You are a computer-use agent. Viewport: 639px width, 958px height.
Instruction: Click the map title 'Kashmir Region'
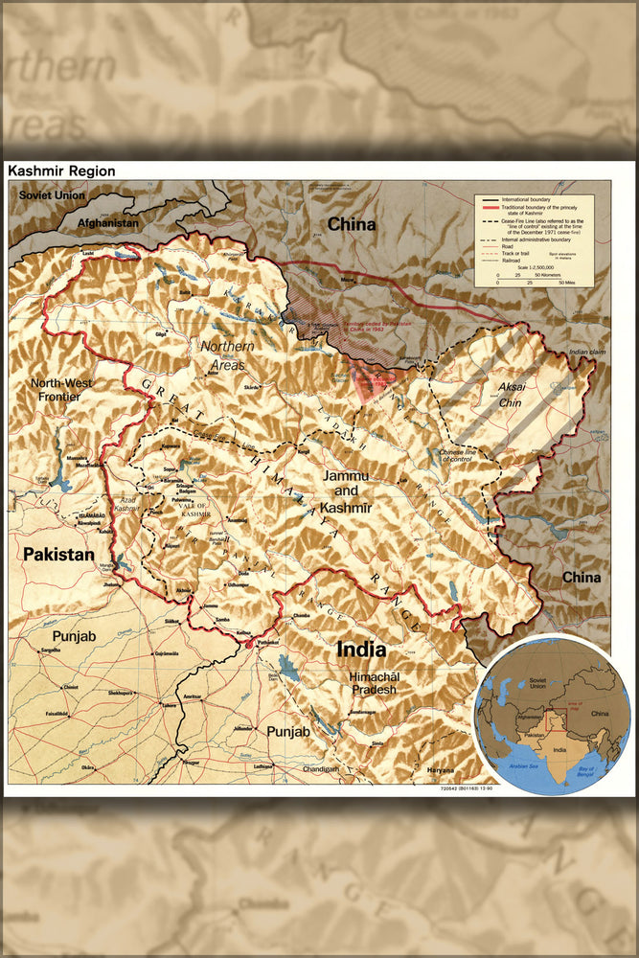coord(61,171)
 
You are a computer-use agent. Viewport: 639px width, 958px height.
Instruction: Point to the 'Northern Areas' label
coord(222,354)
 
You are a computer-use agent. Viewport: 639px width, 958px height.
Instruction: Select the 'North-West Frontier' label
coord(61,389)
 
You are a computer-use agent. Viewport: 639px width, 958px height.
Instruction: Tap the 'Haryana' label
coord(442,768)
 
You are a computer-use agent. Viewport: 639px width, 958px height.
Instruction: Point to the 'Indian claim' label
coord(588,353)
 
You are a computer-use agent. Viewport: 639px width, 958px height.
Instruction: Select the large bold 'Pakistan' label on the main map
coord(58,554)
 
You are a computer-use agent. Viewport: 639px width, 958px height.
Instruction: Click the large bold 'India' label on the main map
coord(360,650)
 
